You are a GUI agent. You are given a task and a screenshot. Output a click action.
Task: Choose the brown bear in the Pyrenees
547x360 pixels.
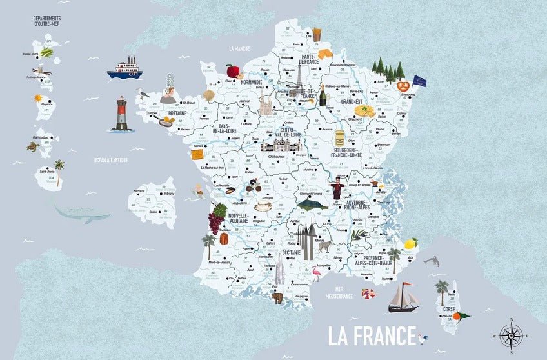point(277,298)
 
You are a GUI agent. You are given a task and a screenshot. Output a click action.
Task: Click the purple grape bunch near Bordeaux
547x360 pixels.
point(217,219)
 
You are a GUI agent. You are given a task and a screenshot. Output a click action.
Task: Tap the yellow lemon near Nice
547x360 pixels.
point(410,243)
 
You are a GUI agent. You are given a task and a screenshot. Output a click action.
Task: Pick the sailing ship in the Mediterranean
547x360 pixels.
point(403,297)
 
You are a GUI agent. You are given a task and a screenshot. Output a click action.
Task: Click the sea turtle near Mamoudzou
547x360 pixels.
point(32,146)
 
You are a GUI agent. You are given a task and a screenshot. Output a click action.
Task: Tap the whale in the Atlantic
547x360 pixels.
point(82,214)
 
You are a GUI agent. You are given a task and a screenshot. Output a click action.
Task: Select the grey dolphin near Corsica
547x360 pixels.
point(432,261)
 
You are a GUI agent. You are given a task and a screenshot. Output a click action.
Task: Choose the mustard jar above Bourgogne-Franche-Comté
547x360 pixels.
point(340,139)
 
